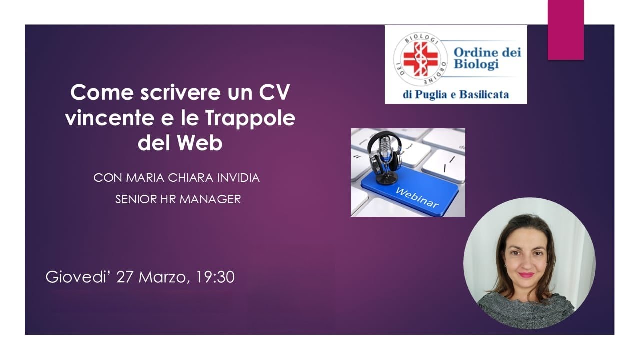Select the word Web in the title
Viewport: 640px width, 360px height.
200,144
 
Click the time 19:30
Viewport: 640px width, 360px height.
214,277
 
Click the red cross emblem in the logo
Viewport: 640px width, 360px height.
420,59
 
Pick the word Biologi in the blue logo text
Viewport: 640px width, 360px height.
476,64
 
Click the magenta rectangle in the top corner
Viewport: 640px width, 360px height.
565,30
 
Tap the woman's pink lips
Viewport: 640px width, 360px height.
526,275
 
